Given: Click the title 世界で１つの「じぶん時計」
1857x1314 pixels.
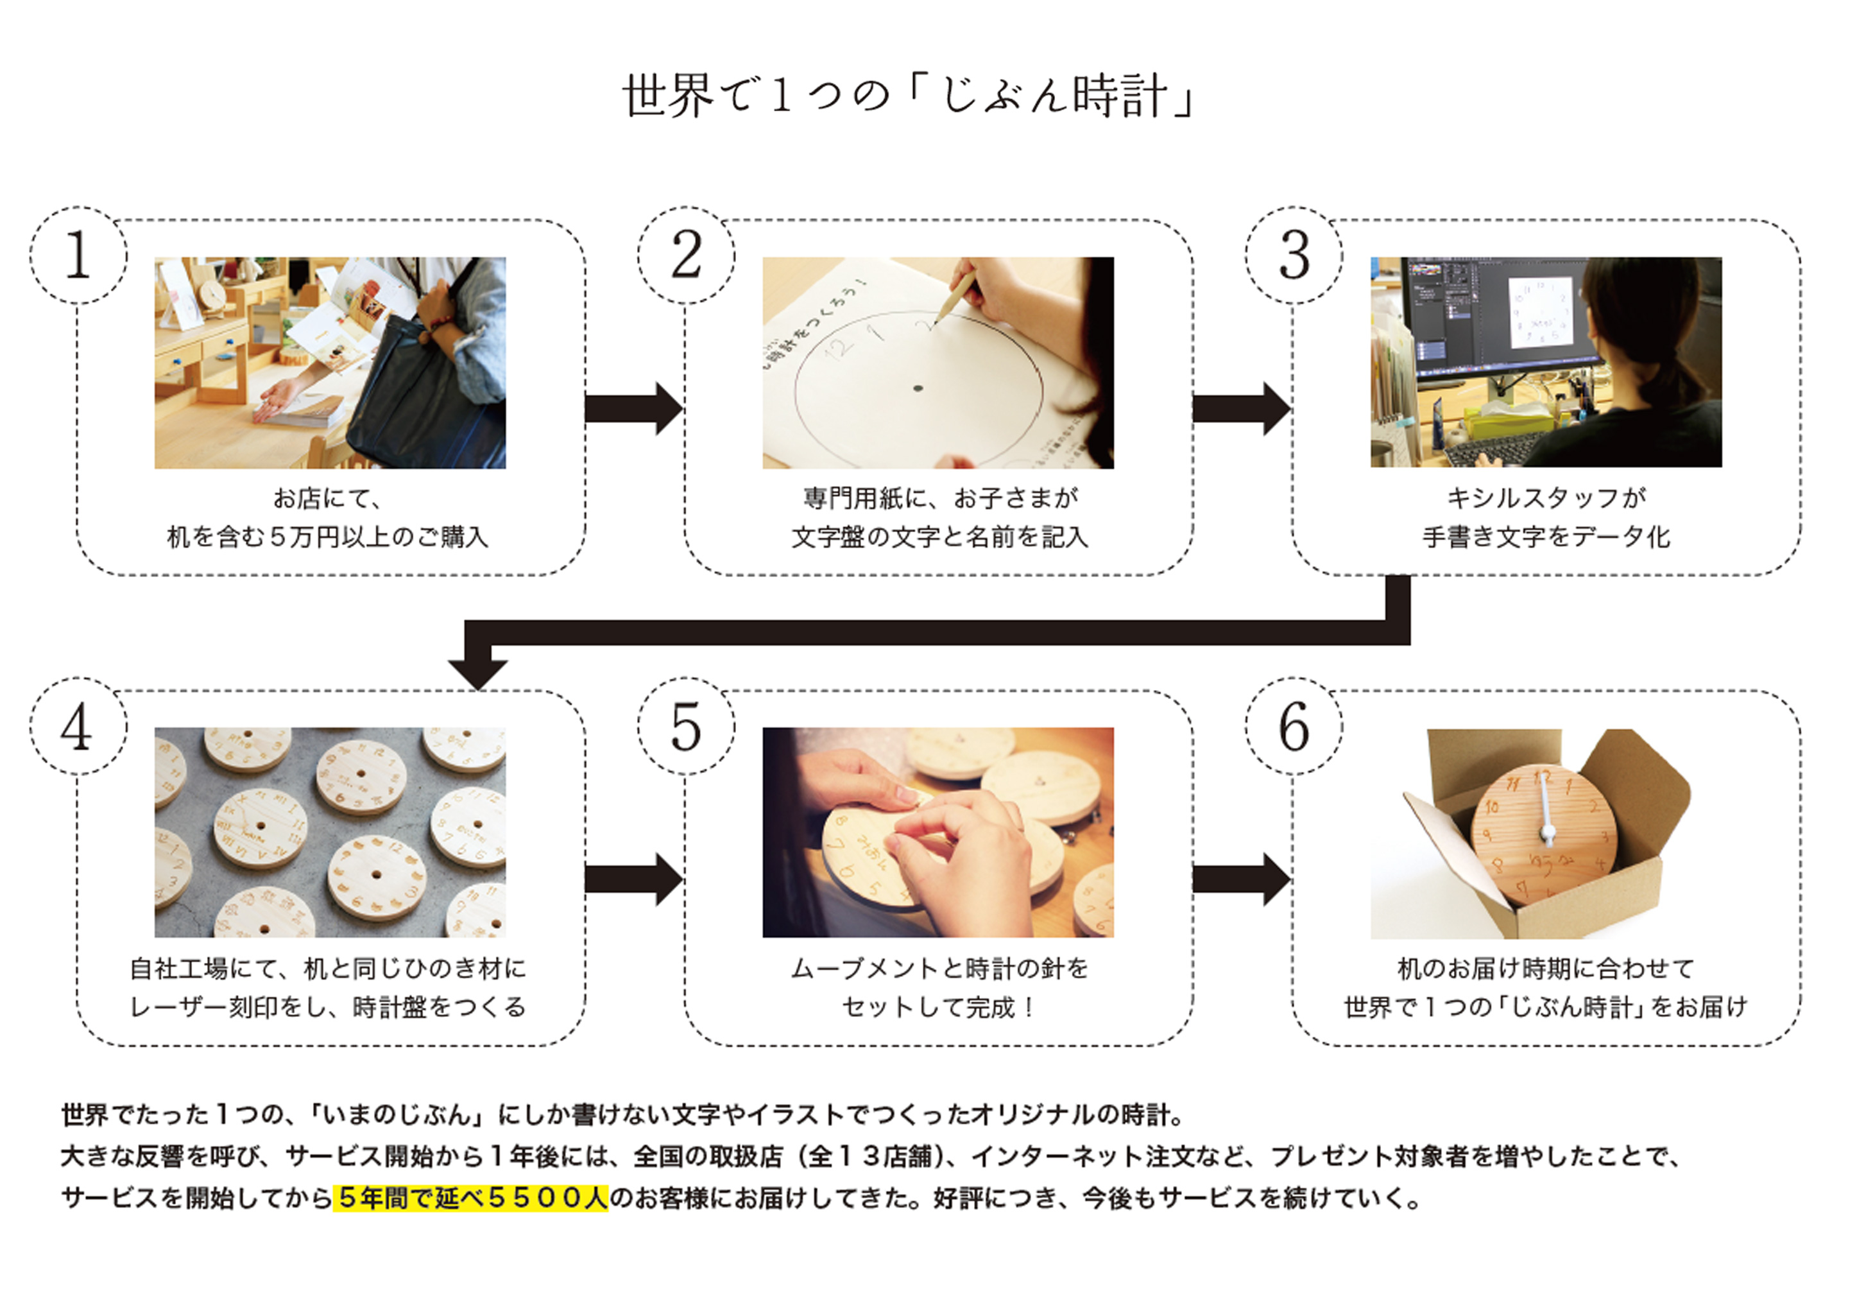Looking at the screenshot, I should pos(909,96).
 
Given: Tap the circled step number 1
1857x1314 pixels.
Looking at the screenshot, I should pos(78,255).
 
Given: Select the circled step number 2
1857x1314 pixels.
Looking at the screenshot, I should pos(686,255).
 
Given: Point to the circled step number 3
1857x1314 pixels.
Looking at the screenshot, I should pos(1294,255).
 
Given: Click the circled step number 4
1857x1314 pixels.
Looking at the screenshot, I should pos(78,727).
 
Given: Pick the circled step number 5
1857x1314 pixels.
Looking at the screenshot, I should pos(686,727).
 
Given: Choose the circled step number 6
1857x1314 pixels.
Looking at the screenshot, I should pos(1294,727).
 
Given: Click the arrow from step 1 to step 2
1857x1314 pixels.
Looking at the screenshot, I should pos(634,409).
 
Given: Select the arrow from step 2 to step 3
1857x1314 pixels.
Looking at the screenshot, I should pos(1242,409).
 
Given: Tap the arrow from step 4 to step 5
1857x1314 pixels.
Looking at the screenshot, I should pos(634,879).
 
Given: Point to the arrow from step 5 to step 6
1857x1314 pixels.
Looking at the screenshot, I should pos(1242,879).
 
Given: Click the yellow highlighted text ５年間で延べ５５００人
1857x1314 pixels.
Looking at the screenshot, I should pos(471,1197).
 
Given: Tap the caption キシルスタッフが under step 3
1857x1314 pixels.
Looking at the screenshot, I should pos(1546,497).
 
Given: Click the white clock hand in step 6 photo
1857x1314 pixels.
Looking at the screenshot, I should pos(1546,809).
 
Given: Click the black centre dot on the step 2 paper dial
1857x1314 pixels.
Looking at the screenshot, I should pos(918,388).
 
